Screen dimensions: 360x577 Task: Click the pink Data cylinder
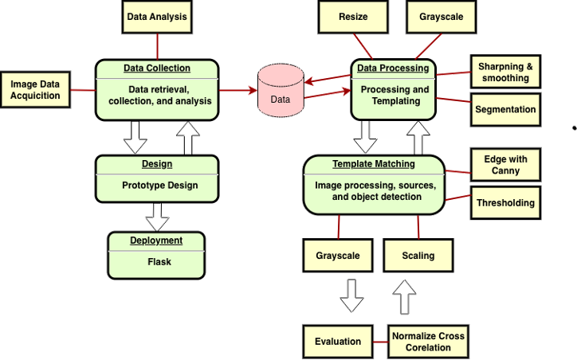pyautogui.click(x=281, y=91)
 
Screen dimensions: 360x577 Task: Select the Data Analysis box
pyautogui.click(x=158, y=17)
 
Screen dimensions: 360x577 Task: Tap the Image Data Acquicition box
pyautogui.click(x=36, y=90)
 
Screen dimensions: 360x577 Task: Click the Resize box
pyautogui.click(x=352, y=17)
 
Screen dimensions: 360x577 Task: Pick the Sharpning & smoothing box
pyautogui.click(x=505, y=72)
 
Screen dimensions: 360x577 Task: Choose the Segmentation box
pyautogui.click(x=505, y=110)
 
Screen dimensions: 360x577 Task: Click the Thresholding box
pyautogui.click(x=505, y=203)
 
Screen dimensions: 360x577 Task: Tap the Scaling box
pyautogui.click(x=418, y=256)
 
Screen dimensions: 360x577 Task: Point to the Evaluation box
pyautogui.click(x=338, y=341)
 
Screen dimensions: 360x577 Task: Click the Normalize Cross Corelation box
pyautogui.click(x=428, y=341)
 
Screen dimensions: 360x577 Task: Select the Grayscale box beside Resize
pyautogui.click(x=441, y=17)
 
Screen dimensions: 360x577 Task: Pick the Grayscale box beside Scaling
pyautogui.click(x=338, y=256)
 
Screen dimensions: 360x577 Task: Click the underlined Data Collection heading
pyautogui.click(x=156, y=68)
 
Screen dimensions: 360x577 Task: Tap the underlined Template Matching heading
pyautogui.click(x=373, y=164)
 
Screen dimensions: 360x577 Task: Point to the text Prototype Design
pyautogui.click(x=159, y=186)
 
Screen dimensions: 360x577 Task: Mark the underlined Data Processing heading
pyautogui.click(x=393, y=68)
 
